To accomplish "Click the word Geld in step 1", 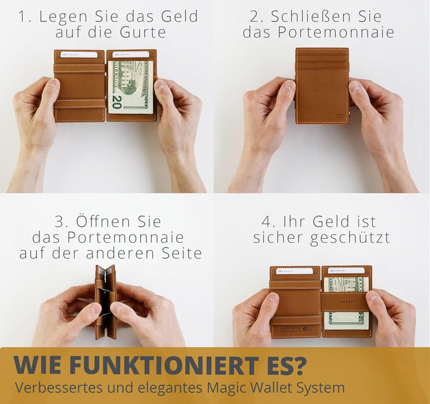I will pos(180,17).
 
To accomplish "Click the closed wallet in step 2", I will pos(322,85).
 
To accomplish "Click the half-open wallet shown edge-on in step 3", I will pos(105,302).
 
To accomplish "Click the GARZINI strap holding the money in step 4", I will pos(346,301).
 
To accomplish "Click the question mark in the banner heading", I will pos(299,366).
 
